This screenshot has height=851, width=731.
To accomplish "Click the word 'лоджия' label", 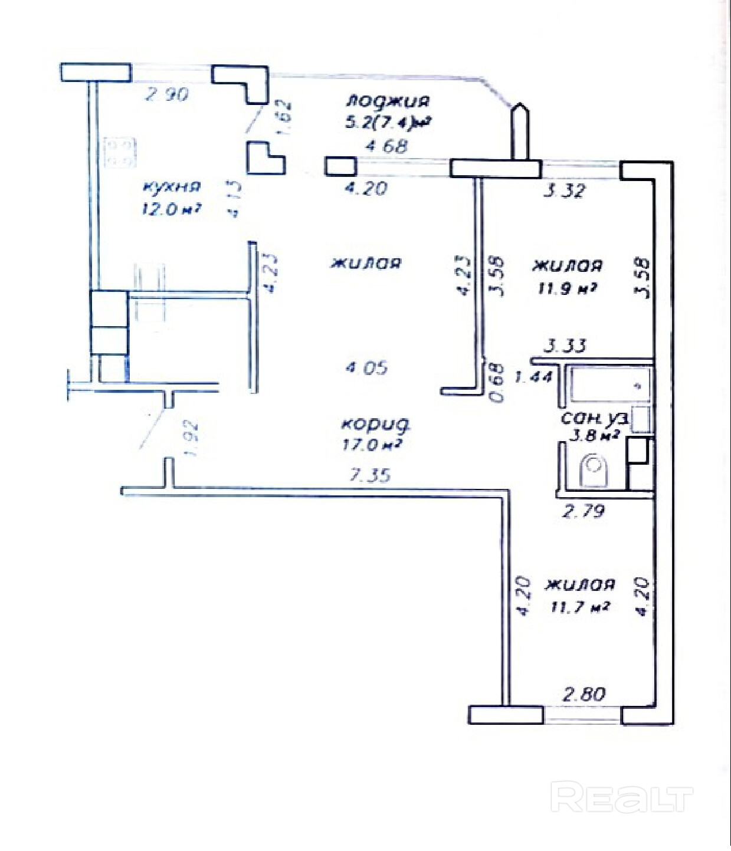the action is coord(387,101).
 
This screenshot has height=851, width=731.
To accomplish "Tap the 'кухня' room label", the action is coord(172,187).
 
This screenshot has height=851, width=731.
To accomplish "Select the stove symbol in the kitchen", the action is coord(120,152).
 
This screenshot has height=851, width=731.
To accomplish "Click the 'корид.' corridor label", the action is coord(376,423).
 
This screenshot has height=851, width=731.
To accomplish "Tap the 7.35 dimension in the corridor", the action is coord(370,475).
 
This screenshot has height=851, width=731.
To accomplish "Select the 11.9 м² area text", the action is coord(565,289).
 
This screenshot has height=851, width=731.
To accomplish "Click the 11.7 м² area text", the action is coord(579,606).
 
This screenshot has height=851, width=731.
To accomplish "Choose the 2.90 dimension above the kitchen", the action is coord(167,94).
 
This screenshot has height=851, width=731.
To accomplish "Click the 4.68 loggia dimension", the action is coord(386,146).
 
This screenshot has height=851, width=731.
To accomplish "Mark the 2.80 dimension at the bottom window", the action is coord(584,694).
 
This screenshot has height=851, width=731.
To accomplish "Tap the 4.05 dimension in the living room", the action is coord(366,368).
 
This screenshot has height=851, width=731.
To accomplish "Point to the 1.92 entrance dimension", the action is coord(190,438).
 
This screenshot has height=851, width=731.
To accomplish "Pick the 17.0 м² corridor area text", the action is coord(372,445).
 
